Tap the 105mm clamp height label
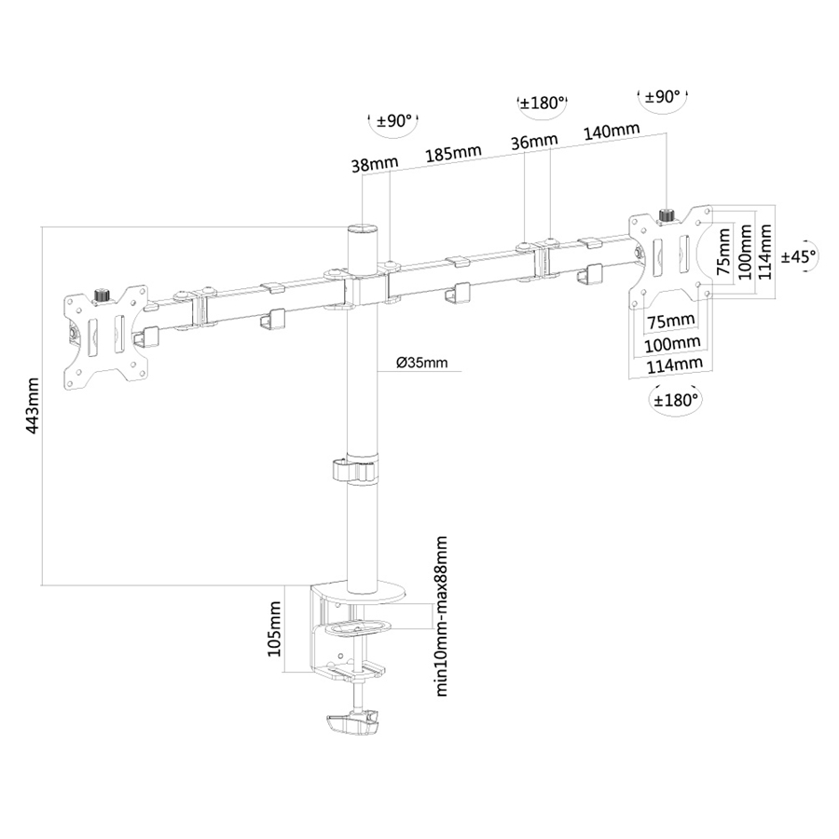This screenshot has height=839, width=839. [x=274, y=628]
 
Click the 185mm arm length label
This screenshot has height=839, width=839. [x=454, y=152]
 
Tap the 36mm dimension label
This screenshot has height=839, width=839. [x=534, y=141]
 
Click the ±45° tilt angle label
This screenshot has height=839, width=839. [x=799, y=254]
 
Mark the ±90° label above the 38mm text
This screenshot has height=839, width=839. [x=393, y=121]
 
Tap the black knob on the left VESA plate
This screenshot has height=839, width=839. [x=102, y=296]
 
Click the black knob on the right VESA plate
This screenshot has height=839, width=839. [x=667, y=216]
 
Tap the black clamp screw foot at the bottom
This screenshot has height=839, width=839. [x=353, y=723]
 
